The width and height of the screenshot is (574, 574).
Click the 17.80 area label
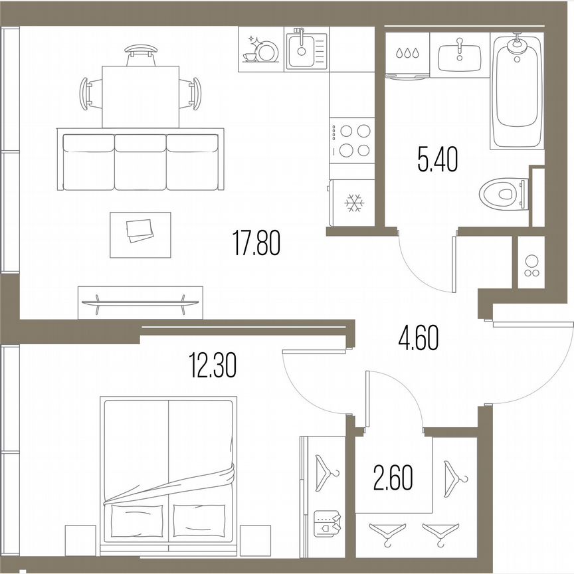click(256, 242)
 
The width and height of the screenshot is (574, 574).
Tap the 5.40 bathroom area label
click(437, 160)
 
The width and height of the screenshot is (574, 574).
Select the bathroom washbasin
click(459, 52)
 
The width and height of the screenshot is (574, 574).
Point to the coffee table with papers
click(140, 234)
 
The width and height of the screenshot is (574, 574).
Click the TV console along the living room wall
click(140, 301)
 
